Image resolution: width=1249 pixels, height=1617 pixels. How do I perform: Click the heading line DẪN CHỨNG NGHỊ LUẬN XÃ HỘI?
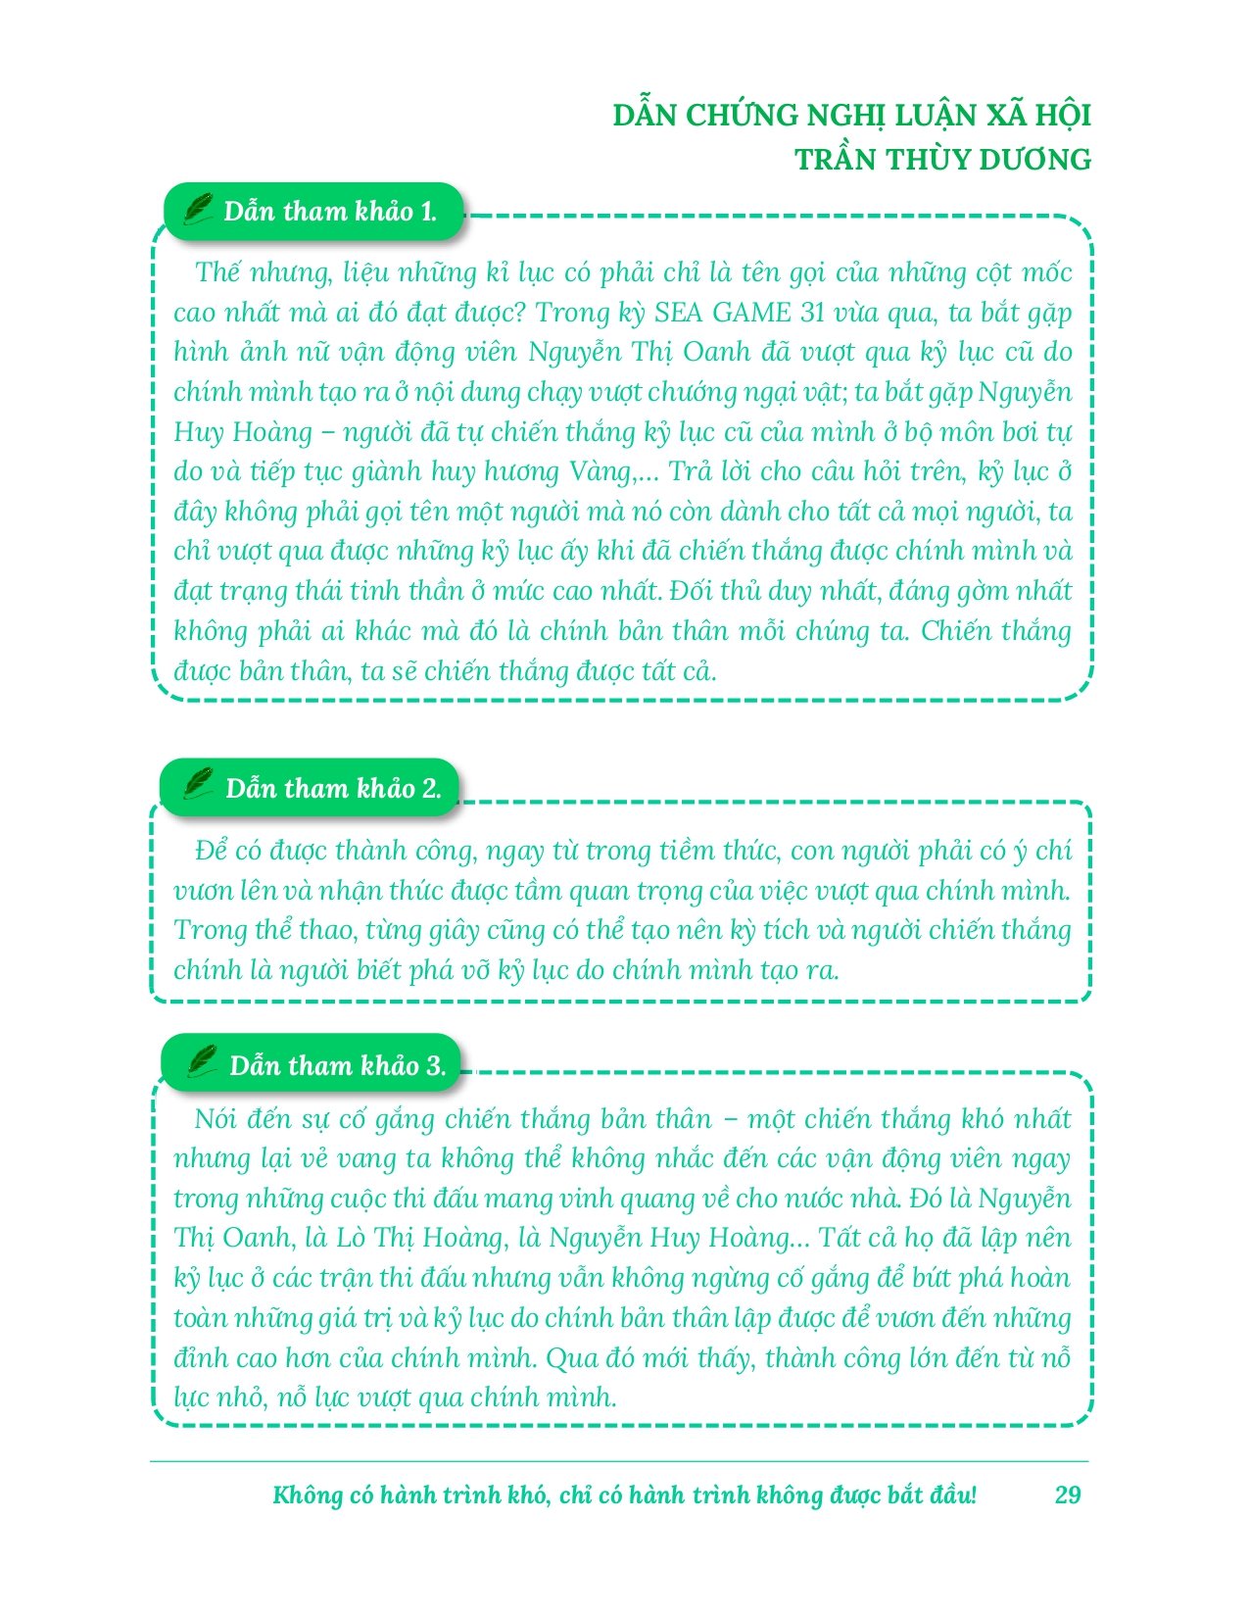(851, 116)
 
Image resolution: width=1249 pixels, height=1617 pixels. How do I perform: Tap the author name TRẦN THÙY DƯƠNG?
(942, 160)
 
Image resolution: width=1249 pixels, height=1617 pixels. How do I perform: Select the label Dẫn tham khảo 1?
(330, 212)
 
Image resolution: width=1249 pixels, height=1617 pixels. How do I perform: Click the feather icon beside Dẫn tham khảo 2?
(199, 784)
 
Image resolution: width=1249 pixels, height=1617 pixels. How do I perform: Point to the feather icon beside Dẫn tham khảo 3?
(203, 1061)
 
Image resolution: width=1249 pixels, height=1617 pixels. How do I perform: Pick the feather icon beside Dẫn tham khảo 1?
(199, 208)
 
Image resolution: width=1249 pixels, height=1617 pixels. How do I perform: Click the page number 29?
(1068, 1494)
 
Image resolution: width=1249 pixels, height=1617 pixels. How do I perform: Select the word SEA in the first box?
(679, 313)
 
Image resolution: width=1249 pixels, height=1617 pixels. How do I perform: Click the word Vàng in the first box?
(600, 472)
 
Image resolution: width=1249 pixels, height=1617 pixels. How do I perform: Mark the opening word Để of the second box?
(212, 850)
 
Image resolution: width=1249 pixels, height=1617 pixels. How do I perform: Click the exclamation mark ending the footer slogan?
(973, 1494)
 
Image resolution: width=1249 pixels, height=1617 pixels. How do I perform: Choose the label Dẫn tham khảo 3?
(338, 1066)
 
